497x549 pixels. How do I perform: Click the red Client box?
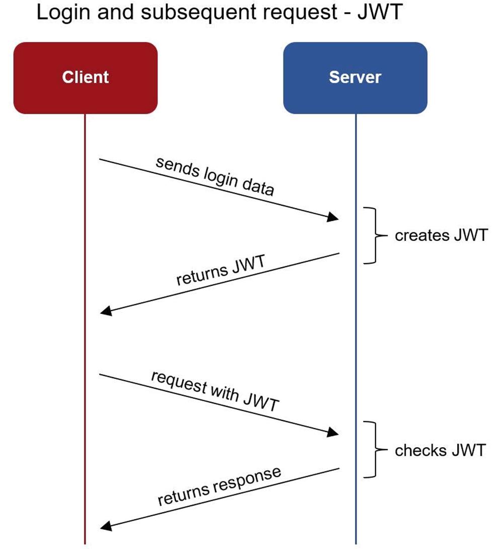coord(85,78)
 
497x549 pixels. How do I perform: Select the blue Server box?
coord(356,78)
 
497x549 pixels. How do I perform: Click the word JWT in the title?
coord(380,12)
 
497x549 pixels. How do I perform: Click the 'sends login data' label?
coord(215,176)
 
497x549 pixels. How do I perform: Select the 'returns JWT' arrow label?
coord(221,270)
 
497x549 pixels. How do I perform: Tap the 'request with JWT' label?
coord(215,391)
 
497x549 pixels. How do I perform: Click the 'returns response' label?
coord(220,486)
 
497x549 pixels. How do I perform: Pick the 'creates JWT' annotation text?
coord(442,235)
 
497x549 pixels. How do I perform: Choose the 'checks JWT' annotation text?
coord(441,450)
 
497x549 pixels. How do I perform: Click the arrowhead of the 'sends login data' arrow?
coord(333,217)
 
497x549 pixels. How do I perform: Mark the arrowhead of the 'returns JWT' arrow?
coord(106,311)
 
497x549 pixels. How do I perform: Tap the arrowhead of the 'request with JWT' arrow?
coord(333,432)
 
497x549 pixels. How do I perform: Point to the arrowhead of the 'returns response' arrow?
coord(106,525)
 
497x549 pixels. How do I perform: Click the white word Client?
coord(85,77)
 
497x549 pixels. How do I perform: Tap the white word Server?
coord(355,77)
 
